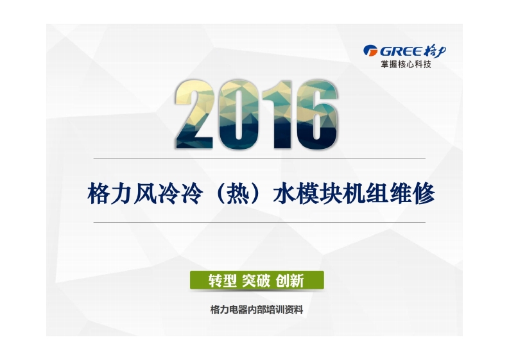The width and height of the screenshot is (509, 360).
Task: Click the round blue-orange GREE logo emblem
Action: (x=370, y=51)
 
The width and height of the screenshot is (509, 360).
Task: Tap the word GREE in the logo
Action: (x=401, y=51)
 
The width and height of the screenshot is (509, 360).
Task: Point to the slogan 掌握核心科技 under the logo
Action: (x=406, y=64)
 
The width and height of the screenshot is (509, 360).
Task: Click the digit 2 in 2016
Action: (x=194, y=114)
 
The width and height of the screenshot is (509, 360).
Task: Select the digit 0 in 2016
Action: (x=239, y=114)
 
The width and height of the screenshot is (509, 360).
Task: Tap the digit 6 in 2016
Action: (x=316, y=114)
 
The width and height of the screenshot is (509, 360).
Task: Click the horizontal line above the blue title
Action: (x=259, y=158)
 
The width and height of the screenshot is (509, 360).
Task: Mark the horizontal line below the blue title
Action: (x=259, y=223)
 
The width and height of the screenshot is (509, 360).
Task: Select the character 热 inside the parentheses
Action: (x=238, y=194)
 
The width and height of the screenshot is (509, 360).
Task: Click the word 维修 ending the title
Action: (x=412, y=194)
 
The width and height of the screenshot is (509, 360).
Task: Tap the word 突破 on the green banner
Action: (x=256, y=280)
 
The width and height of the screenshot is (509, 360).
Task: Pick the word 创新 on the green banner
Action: (x=290, y=280)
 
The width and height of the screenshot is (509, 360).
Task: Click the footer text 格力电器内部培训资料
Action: (x=257, y=310)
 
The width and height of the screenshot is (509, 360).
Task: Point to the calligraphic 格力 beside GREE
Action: (x=435, y=51)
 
